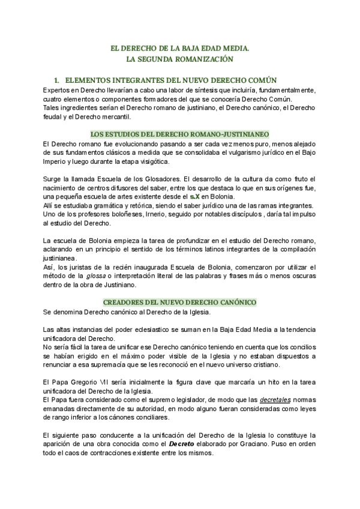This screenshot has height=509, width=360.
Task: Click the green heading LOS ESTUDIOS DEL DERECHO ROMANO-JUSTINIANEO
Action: [x=179, y=133]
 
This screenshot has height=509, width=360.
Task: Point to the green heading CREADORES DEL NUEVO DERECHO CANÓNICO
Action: [x=179, y=302]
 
